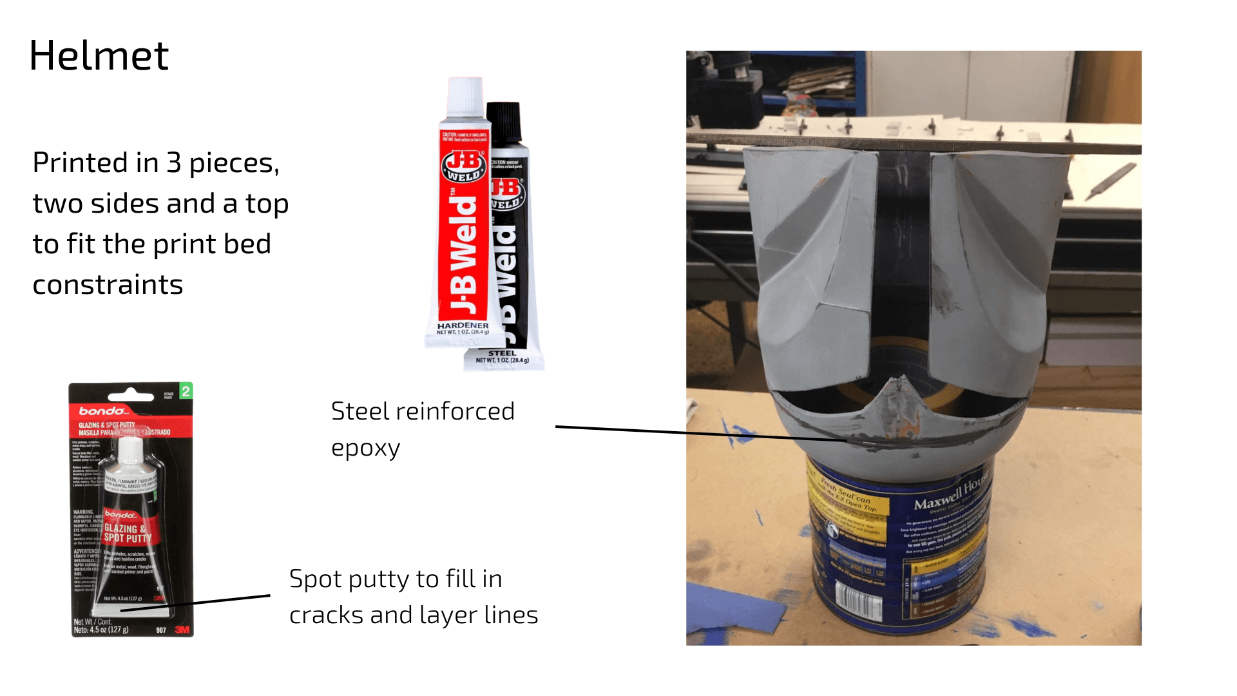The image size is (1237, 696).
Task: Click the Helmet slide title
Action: (99, 55)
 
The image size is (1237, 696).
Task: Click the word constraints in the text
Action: (108, 284)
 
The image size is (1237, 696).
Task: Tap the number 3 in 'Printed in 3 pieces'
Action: (173, 162)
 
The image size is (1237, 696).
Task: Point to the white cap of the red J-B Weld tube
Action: (465, 97)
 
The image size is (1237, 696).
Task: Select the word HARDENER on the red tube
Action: (463, 325)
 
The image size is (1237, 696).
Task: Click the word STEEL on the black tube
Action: (502, 353)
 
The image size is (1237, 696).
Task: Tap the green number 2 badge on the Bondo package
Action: (186, 391)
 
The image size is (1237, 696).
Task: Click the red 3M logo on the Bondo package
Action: (182, 630)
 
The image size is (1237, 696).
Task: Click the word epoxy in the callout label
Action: (365, 448)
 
